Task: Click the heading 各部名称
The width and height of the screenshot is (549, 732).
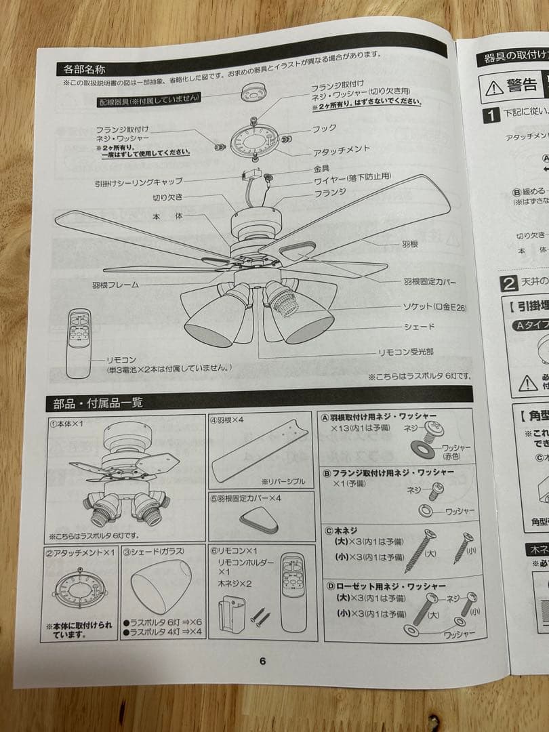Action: coord(84,69)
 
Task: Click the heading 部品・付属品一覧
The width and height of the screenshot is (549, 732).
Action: coord(98,403)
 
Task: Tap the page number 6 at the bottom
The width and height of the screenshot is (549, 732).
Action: coord(262,662)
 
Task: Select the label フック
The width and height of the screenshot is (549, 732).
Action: coord(323,128)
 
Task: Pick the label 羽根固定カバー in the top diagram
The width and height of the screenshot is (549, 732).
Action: coord(430,280)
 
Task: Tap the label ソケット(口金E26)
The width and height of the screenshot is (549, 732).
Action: coord(434,308)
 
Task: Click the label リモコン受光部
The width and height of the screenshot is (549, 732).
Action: coord(406,353)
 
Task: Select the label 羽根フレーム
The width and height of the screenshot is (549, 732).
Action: coord(115,285)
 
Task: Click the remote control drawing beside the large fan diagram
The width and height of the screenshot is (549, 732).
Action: coord(79,343)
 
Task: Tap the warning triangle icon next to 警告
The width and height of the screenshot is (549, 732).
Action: coord(493,86)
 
